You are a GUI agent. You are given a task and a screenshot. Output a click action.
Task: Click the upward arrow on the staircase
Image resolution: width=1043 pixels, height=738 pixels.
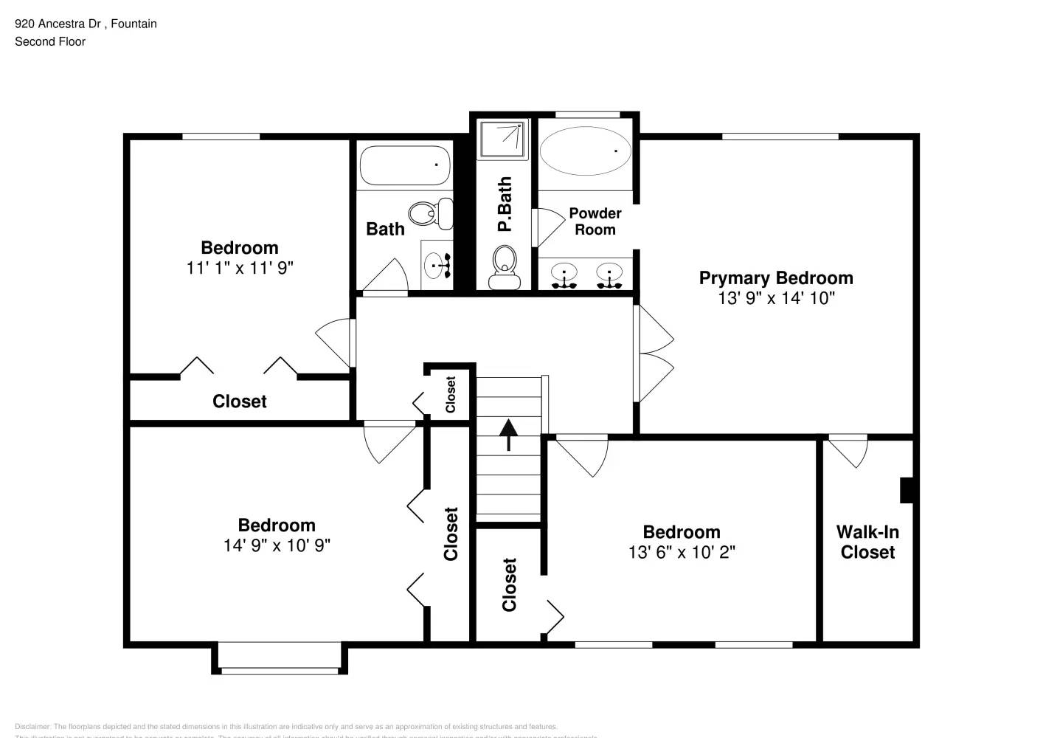tap(508, 435)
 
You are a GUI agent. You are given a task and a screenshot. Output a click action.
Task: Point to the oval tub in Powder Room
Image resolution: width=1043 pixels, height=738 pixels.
tap(585, 151)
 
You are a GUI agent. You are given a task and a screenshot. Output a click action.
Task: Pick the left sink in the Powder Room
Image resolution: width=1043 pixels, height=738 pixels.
tap(564, 275)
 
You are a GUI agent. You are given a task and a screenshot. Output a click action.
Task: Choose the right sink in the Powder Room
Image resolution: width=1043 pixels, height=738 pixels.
tap(609, 275)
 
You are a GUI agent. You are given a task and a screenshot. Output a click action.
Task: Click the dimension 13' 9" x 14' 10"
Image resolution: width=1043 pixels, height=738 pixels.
tap(776, 298)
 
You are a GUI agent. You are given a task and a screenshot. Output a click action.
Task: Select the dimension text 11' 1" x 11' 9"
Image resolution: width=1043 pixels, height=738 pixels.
tap(240, 268)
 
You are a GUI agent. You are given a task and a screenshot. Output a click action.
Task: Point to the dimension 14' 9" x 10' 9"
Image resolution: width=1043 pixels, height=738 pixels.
tap(277, 545)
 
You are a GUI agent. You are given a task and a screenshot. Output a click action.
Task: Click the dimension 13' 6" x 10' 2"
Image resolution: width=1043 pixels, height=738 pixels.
tap(682, 552)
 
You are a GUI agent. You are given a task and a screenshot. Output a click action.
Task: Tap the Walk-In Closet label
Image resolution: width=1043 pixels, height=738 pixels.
tap(867, 542)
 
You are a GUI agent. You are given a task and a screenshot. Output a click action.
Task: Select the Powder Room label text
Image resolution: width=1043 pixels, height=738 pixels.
tap(595, 221)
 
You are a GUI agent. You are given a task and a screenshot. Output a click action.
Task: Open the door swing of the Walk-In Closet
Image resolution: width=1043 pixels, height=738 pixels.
tap(849, 451)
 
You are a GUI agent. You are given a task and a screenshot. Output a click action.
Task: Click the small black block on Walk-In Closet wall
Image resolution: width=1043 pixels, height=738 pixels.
tap(907, 490)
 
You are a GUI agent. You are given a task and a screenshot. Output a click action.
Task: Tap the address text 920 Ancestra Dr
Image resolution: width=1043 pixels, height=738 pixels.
tap(58, 24)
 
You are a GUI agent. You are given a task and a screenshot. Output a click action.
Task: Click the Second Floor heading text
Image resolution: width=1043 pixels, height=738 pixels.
tap(50, 41)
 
